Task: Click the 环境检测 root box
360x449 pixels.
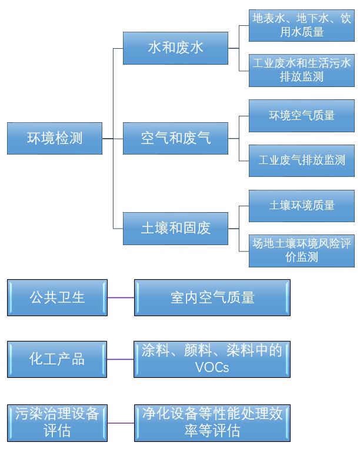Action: pos(55,139)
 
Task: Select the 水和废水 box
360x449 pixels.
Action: pos(175,48)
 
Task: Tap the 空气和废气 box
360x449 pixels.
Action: pos(175,139)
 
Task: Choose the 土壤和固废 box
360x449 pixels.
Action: pos(175,228)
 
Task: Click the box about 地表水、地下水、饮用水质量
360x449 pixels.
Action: pos(301,25)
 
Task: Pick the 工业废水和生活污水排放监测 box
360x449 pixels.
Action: pos(301,69)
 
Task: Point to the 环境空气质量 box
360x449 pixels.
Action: pos(301,116)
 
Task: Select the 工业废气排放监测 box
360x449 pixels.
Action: pos(301,160)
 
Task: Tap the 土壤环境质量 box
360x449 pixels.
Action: pos(301,206)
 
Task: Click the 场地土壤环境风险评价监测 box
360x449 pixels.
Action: pos(301,250)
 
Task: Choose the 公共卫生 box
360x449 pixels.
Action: pos(57,297)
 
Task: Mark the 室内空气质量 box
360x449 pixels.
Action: pos(212,297)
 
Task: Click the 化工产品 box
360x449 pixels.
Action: pos(57,359)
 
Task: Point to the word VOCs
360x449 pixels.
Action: pos(212,368)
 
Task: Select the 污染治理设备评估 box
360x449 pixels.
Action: pos(57,422)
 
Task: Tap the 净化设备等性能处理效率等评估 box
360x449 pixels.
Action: pos(212,422)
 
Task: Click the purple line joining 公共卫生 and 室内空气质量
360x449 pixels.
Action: pos(121,297)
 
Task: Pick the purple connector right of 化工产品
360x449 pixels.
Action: pos(121,359)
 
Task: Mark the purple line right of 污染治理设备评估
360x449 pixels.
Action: pos(121,423)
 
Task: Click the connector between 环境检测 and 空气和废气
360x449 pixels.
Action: pos(112,139)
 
